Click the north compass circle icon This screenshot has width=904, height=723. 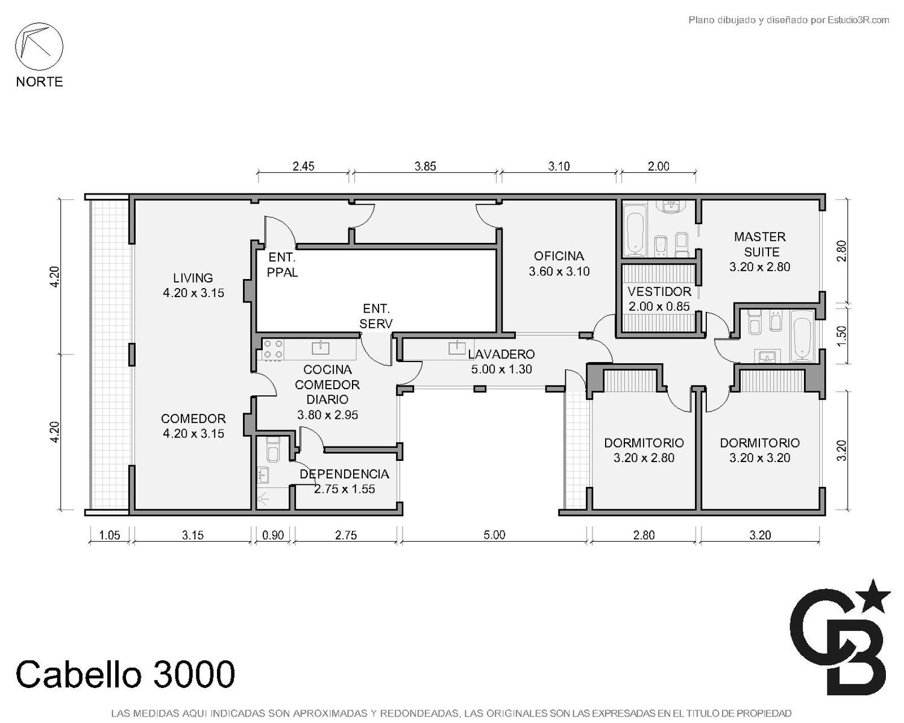click(x=39, y=46)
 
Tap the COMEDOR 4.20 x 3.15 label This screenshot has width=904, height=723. click(x=193, y=426)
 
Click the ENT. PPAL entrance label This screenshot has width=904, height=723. click(x=282, y=264)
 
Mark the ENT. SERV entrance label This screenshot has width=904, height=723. click(x=376, y=316)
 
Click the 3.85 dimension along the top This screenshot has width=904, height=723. click(x=425, y=166)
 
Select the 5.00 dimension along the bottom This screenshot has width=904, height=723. click(x=494, y=535)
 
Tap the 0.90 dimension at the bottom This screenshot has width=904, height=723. click(x=273, y=535)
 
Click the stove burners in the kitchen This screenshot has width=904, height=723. click(x=273, y=350)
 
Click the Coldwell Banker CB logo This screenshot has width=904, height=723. click(x=840, y=639)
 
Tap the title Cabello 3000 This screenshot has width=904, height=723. click(x=125, y=674)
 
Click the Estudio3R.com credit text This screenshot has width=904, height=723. click(x=858, y=20)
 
